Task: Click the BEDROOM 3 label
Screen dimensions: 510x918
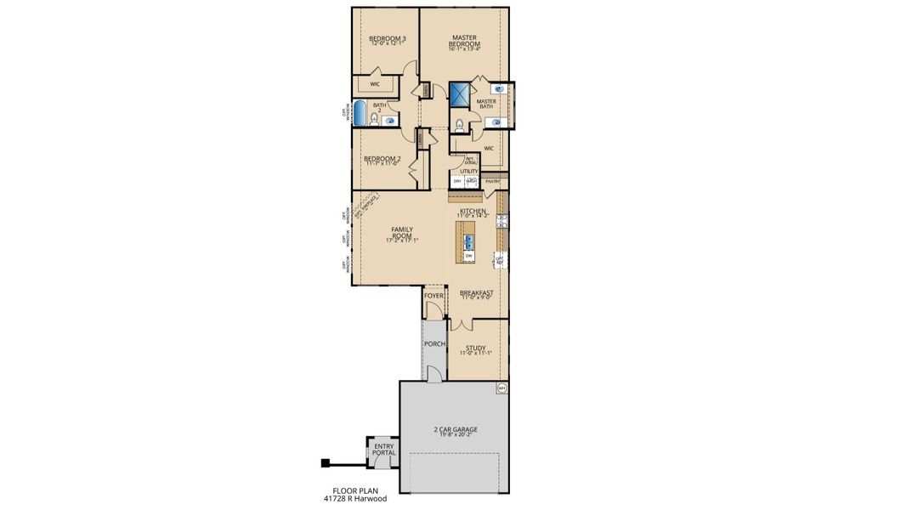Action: click(387, 38)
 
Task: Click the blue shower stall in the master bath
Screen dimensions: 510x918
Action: click(460, 93)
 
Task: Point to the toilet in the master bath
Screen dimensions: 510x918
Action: click(459, 127)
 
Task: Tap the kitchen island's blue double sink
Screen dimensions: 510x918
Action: click(468, 241)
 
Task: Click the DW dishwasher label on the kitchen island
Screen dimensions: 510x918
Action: click(468, 255)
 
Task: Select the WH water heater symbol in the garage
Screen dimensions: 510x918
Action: click(501, 388)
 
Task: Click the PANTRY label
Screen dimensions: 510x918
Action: click(493, 181)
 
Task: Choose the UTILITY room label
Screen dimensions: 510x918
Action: click(469, 171)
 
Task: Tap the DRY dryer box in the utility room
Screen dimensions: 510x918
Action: click(457, 181)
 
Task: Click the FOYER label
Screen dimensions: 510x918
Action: click(434, 296)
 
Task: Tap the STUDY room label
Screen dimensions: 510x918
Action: click(475, 347)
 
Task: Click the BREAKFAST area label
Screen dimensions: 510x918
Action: click(477, 292)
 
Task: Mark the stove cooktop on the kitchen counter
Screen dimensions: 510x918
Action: click(501, 221)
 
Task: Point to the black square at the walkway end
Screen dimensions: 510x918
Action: click(325, 463)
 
